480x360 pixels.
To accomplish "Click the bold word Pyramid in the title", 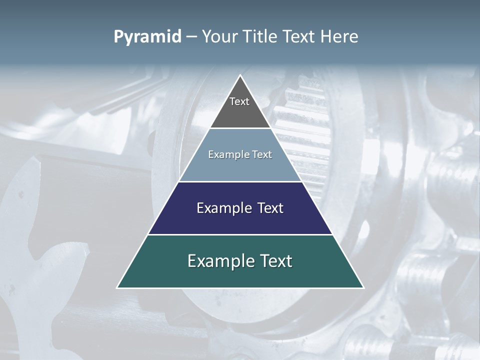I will point(147,37).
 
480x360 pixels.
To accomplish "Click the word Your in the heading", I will point(219,37).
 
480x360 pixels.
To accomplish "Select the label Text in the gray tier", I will point(239,101).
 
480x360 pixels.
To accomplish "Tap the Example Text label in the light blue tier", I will point(240,154).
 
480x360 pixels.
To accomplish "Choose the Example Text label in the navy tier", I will point(240,208).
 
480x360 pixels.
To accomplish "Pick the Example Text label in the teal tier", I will point(240,261).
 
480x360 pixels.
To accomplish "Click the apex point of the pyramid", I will point(240,76).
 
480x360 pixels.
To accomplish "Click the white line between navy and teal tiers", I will point(240,234).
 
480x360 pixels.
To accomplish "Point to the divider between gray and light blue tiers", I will point(240,128).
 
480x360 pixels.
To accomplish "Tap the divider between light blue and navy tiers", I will point(240,181).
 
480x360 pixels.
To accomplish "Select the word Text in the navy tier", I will point(267,208).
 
